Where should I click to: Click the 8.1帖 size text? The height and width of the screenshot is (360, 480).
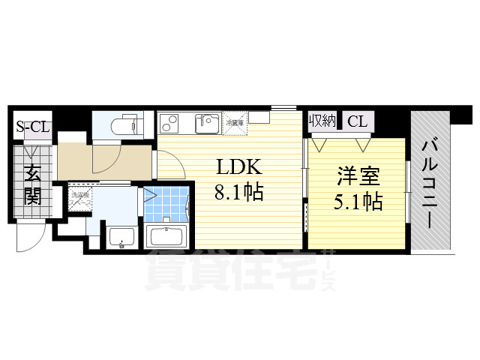[x=238, y=192]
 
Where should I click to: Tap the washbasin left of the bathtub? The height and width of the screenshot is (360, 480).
[x=121, y=236]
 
